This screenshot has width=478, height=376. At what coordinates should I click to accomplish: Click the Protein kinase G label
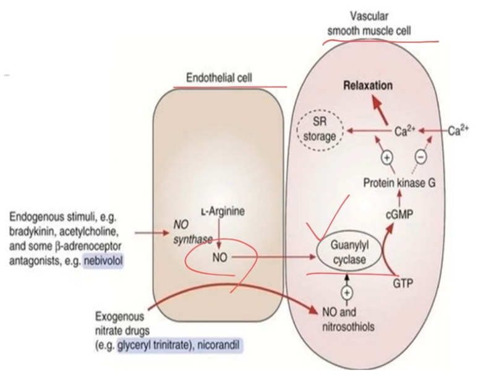(x=399, y=183)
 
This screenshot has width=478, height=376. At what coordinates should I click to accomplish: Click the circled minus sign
(x=421, y=157)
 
